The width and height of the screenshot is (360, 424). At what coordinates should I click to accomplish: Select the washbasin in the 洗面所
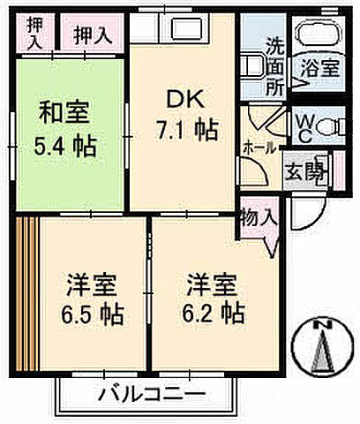252,64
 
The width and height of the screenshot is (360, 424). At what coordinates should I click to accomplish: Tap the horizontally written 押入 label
92,36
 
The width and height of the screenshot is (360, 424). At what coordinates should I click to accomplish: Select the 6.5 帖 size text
93,313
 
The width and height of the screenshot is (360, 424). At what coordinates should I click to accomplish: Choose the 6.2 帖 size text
214,313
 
